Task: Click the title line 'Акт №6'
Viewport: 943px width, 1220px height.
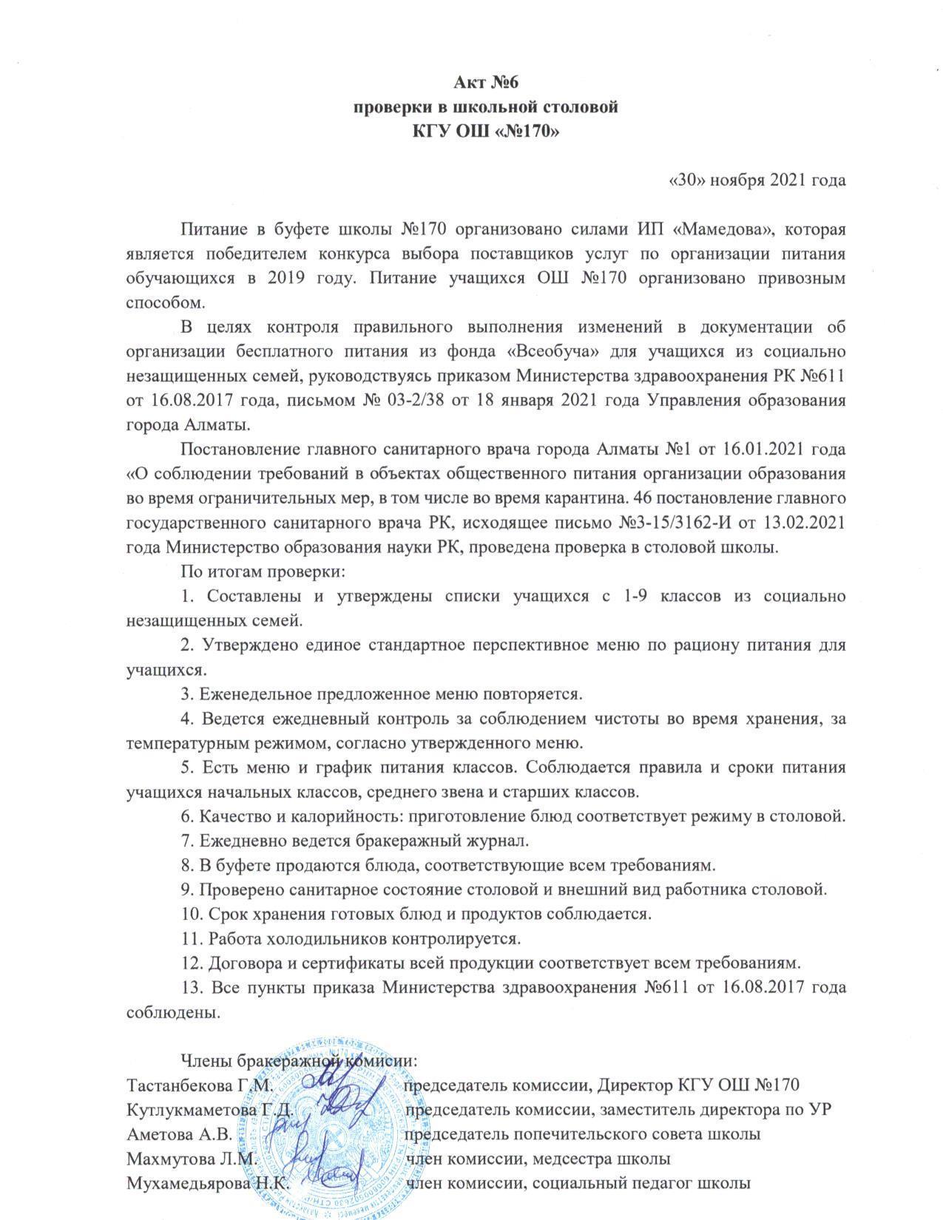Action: [x=483, y=81]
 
